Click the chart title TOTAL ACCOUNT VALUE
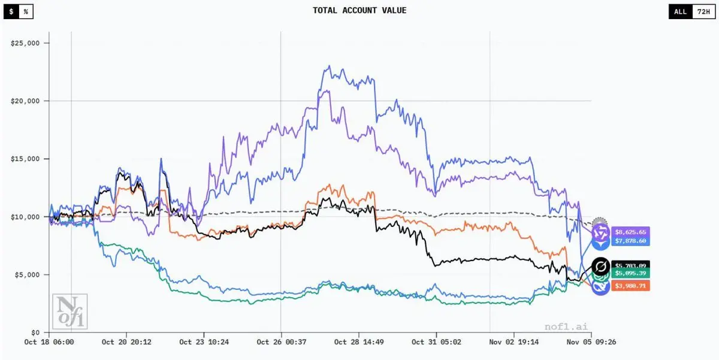[359, 11]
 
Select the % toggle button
[26, 11]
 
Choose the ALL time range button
[680, 11]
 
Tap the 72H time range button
[702, 11]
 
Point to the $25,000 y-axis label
[25, 43]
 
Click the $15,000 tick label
[25, 159]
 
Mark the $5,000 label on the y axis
[27, 274]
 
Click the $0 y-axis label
[35, 332]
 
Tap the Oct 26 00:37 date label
[281, 342]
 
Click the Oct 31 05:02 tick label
[436, 342]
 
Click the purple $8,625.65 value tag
[630, 232]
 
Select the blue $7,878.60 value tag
[630, 241]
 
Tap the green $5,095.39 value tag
[630, 273]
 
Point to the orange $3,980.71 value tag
[630, 286]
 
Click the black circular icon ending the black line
[600, 266]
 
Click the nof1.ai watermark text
[566, 326]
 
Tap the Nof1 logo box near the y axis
[70, 310]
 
